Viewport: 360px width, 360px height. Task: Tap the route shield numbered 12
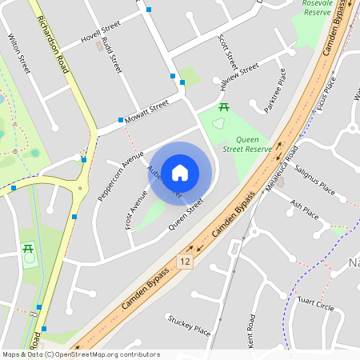coord(186,262)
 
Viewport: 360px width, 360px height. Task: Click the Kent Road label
coord(252,330)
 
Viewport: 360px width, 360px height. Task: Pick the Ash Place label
coord(304,210)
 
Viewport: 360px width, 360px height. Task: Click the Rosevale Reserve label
coord(317,7)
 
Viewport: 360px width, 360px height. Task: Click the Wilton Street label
coord(18,54)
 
